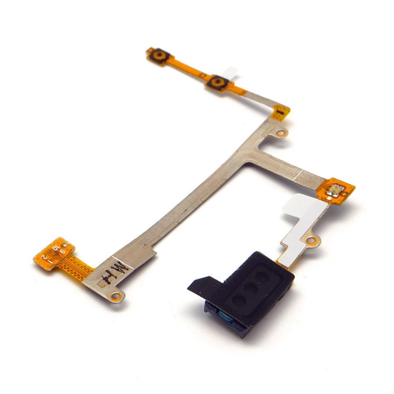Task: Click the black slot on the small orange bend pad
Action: (x=282, y=112)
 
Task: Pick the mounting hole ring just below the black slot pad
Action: (x=282, y=133)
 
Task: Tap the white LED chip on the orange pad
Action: (x=333, y=192)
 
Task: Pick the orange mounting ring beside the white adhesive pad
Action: (x=312, y=241)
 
